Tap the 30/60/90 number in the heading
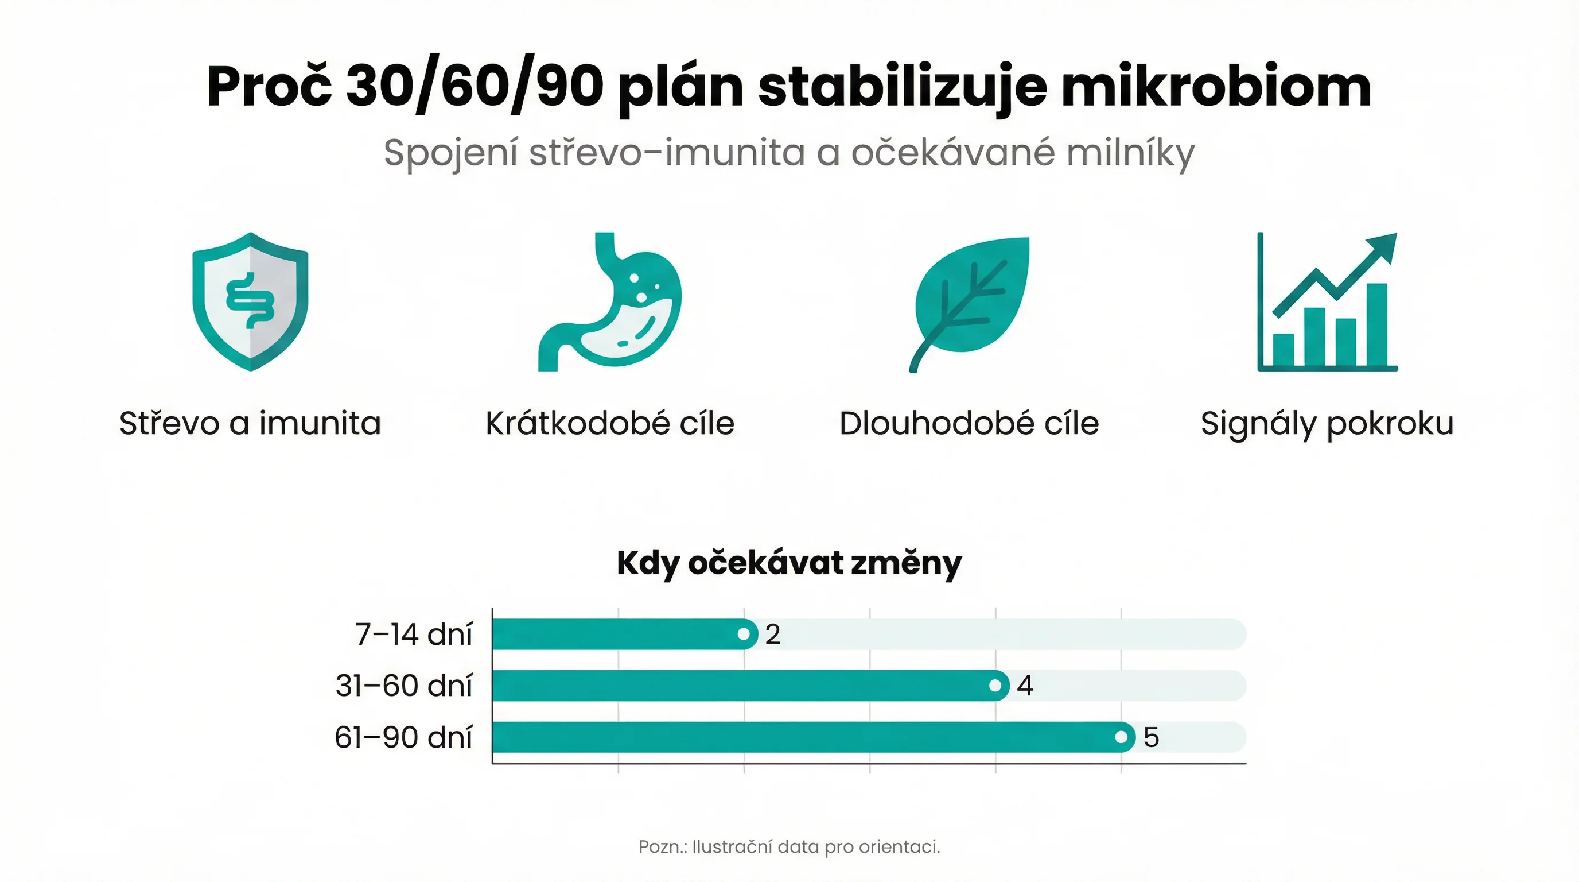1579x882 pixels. [x=475, y=87]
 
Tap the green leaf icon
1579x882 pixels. [x=970, y=303]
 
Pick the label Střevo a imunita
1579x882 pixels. [x=250, y=423]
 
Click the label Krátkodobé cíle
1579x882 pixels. [x=610, y=423]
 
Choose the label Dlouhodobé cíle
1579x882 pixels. [x=969, y=423]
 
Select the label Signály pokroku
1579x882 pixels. [x=1327, y=423]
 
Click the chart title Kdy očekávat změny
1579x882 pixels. [x=789, y=563]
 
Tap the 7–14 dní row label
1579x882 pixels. [x=414, y=634]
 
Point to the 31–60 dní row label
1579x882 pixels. [x=404, y=686]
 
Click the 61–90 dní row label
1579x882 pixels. [x=403, y=737]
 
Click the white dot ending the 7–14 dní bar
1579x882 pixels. [x=744, y=634]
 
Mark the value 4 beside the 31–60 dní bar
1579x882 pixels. [x=1025, y=686]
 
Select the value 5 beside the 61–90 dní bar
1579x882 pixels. [x=1151, y=737]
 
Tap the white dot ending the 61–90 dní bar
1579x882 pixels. [x=1121, y=737]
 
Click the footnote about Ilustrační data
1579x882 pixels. [x=789, y=847]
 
